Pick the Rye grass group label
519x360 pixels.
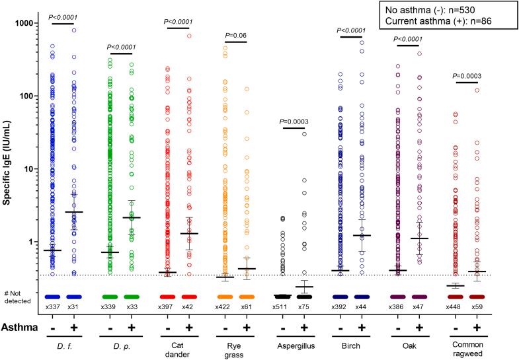[236, 347]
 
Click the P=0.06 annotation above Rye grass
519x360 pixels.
[235, 35]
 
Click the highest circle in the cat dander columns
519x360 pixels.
[189, 36]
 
